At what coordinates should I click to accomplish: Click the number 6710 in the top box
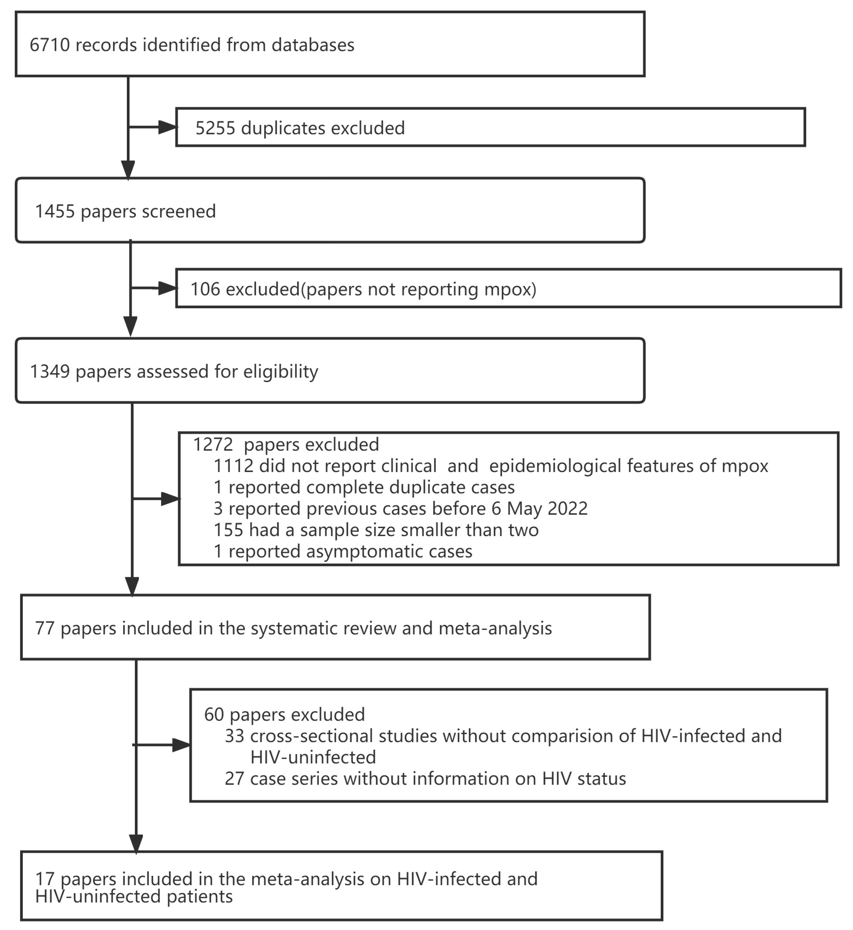pos(49,45)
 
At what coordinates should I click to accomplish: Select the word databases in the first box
pos(313,45)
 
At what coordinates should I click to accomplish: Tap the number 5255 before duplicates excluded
pos(215,128)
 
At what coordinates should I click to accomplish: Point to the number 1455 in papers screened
pos(55,211)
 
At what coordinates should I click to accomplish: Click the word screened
pos(179,211)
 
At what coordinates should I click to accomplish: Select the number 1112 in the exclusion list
pos(233,466)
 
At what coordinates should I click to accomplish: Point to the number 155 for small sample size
pos(228,530)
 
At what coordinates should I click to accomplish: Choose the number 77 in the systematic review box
pos(45,628)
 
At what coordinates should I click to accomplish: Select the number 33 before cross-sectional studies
pos(234,736)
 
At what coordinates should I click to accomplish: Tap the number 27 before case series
pos(234,779)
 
